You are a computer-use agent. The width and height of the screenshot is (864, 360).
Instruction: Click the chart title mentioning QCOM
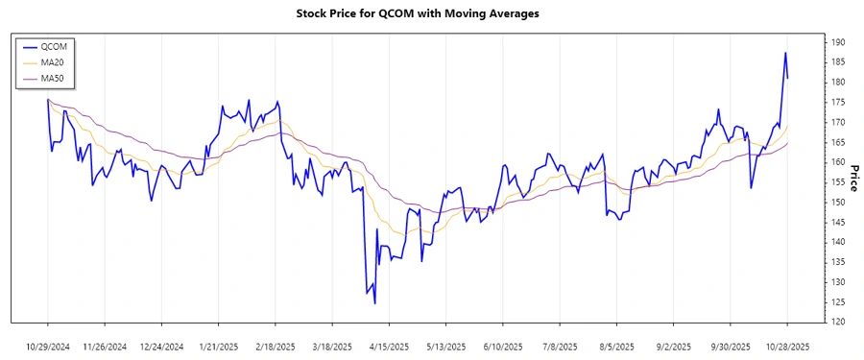[431, 14]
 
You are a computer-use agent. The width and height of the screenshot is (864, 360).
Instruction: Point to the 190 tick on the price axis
[838, 42]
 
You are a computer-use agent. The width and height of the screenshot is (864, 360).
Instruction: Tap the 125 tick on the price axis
[838, 302]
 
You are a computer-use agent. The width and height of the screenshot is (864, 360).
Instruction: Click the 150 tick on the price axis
[838, 203]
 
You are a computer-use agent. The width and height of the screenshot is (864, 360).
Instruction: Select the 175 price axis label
[838, 102]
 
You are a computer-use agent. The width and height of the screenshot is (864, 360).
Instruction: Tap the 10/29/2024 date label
[48, 346]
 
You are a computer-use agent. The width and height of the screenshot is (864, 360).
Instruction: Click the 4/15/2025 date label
[389, 346]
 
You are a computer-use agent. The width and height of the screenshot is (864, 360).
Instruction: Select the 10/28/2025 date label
[787, 346]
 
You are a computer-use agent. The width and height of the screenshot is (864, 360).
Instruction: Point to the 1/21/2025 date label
[219, 346]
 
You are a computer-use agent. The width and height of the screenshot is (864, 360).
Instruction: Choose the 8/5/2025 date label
[616, 346]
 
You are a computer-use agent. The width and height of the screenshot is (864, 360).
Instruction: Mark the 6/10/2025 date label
[503, 346]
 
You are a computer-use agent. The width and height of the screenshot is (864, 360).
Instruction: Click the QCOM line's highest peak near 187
[785, 53]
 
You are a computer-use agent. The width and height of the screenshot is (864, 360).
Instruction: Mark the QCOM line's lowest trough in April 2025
[374, 303]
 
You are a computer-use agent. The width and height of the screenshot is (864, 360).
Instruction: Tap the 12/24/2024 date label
[162, 346]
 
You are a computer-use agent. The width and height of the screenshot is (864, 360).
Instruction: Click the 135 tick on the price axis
[838, 262]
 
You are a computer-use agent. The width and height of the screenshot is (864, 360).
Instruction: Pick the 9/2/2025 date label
[673, 346]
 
